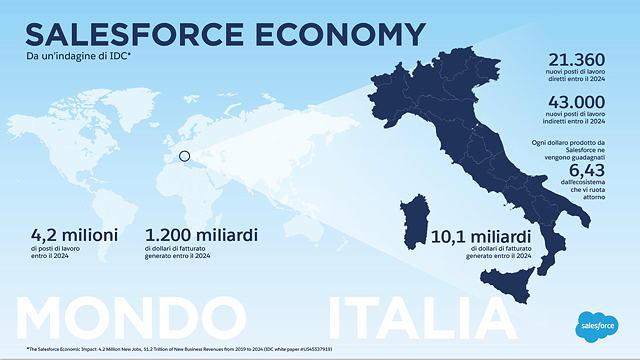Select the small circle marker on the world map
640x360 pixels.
click(184, 156)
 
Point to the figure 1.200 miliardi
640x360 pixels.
click(201, 235)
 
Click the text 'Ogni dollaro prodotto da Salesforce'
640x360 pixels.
click(584, 151)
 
